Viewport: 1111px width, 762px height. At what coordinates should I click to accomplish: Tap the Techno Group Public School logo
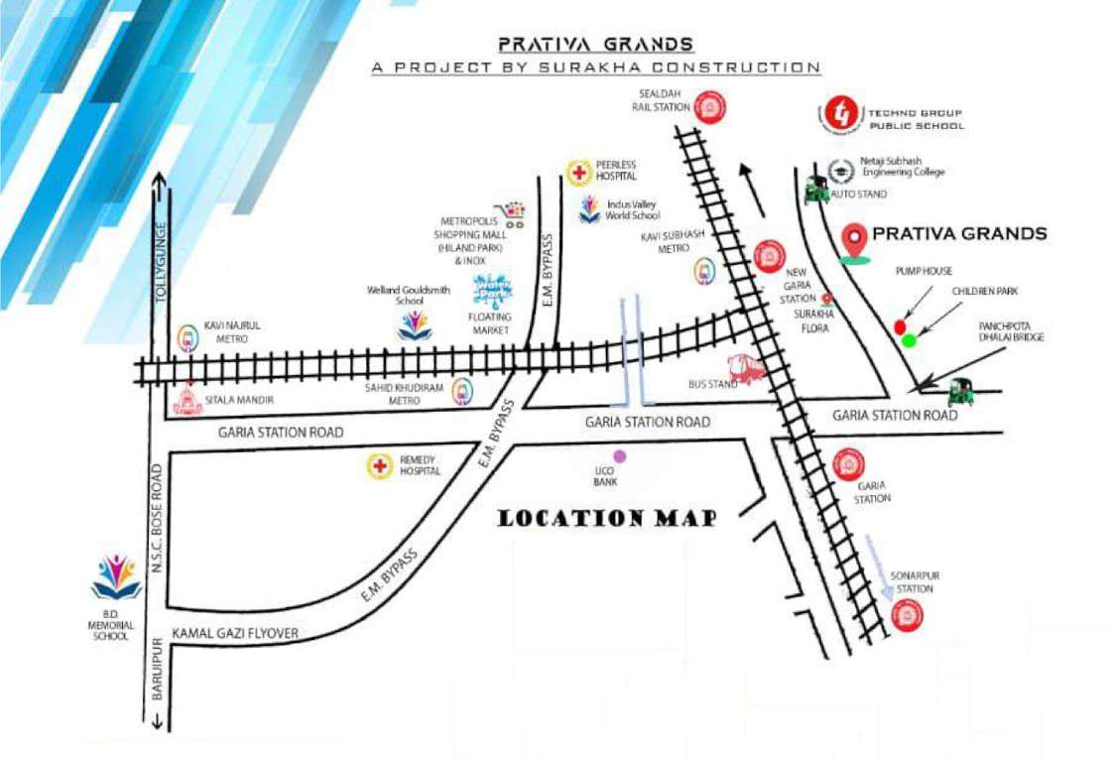842,116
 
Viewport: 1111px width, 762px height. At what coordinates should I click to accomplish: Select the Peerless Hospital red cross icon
578,172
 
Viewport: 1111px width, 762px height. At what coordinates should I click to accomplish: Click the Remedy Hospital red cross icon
378,465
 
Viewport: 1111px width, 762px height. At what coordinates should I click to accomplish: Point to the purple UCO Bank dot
620,456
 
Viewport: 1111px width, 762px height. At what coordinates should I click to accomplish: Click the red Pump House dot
900,326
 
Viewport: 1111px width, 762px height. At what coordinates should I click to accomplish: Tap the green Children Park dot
910,340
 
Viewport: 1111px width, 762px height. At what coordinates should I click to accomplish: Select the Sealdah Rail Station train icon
708,104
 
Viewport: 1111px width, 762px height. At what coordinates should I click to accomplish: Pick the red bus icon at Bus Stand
747,369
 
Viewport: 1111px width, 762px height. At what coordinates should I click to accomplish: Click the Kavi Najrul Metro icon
186,338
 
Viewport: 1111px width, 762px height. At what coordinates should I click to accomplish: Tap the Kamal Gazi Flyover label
235,633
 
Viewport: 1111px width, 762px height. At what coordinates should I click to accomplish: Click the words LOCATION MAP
606,518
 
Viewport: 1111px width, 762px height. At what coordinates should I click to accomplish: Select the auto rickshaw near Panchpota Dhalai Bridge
960,392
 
